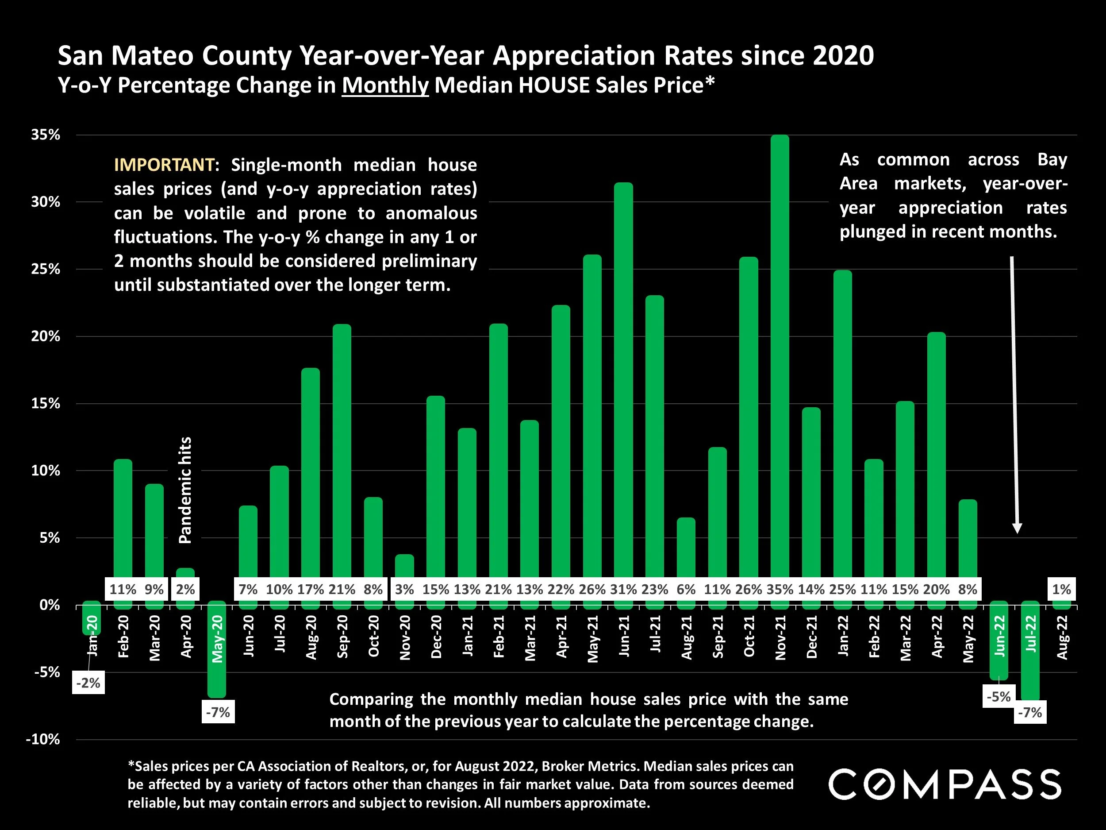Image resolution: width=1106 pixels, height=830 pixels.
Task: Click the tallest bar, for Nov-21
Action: pyautogui.click(x=780, y=350)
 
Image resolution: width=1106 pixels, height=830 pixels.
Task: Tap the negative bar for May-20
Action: pyautogui.click(x=217, y=650)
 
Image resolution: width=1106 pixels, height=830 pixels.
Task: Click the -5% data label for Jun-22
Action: pyautogui.click(x=998, y=696)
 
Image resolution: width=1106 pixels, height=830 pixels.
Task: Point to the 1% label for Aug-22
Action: pyautogui.click(x=1061, y=589)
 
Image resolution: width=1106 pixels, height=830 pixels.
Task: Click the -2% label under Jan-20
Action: pyautogui.click(x=88, y=683)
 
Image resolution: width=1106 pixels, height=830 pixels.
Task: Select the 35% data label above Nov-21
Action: pyautogui.click(x=780, y=589)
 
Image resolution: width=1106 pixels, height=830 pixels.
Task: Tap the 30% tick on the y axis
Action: pyautogui.click(x=46, y=202)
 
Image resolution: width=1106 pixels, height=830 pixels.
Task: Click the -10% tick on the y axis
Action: pyautogui.click(x=43, y=739)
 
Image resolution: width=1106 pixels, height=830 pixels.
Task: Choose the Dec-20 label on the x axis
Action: pyautogui.click(x=436, y=637)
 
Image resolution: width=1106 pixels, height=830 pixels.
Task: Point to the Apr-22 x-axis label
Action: pyautogui.click(x=937, y=637)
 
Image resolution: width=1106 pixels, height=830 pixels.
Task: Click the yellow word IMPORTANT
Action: pyautogui.click(x=165, y=165)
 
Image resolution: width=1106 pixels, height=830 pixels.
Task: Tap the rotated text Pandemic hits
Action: pyautogui.click(x=185, y=490)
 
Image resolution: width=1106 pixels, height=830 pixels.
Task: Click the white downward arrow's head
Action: pyautogui.click(x=1017, y=528)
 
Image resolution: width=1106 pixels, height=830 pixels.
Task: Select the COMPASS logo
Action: pyautogui.click(x=945, y=784)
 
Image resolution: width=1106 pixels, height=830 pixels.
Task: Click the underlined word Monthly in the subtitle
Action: pyautogui.click(x=385, y=85)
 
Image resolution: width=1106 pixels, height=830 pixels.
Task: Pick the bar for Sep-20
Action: pyautogui.click(x=342, y=450)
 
